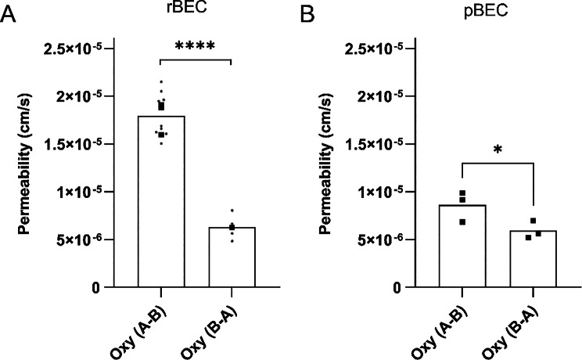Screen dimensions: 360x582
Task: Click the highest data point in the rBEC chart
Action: coord(161,82)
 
